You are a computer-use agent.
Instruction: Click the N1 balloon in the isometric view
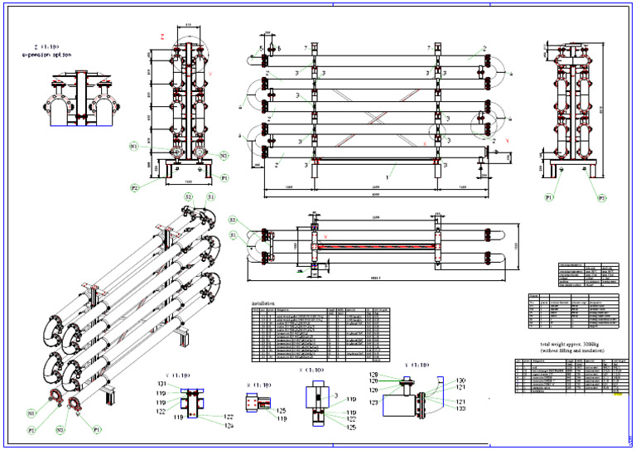(31, 412)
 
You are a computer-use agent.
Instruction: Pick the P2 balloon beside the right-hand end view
(602, 198)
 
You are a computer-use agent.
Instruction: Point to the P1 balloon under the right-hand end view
(549, 198)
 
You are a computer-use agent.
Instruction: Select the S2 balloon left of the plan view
(234, 220)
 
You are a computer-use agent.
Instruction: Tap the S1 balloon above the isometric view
(210, 197)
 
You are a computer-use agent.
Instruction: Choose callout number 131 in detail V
(162, 385)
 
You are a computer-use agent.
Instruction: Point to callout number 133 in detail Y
(459, 409)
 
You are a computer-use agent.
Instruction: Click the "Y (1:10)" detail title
(417, 365)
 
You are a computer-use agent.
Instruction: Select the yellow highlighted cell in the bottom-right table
(615, 395)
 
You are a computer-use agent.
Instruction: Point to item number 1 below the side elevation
(388, 177)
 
